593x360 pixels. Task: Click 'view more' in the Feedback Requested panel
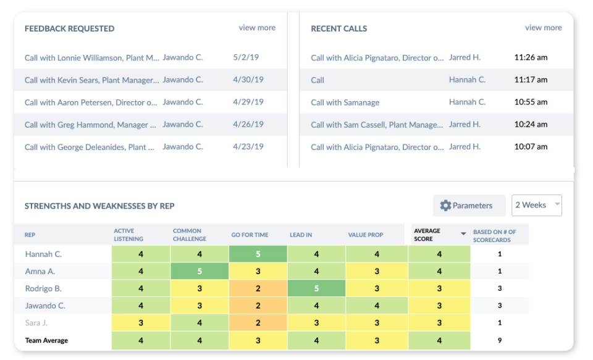(257, 28)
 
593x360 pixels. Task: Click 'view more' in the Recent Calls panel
(543, 28)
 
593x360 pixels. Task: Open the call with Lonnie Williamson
(92, 57)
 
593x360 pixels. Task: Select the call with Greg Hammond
(90, 125)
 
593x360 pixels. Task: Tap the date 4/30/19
(248, 80)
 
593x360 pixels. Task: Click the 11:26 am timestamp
(531, 57)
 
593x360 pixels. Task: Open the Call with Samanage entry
(345, 103)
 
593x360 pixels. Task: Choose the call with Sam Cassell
(377, 125)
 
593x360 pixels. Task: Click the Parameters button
(466, 206)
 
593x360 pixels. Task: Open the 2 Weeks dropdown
(536, 206)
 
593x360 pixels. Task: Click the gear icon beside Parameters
(445, 206)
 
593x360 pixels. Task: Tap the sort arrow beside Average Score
(463, 234)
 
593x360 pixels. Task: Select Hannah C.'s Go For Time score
(258, 254)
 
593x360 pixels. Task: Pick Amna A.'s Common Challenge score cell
(200, 271)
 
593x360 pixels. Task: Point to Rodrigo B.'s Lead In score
(316, 288)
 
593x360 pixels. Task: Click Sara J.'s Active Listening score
(141, 323)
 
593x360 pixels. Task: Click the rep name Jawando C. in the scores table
(45, 306)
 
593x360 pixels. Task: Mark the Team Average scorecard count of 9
(499, 340)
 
